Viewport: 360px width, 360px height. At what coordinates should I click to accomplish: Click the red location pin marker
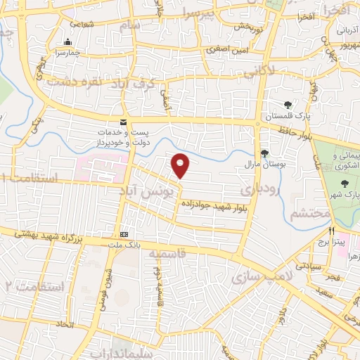[x=181, y=165]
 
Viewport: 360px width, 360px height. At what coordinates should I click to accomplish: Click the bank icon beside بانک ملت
[x=124, y=235]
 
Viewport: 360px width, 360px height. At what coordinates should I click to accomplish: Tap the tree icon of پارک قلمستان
[x=288, y=105]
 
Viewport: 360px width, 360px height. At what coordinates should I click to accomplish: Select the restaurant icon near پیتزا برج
[x=330, y=230]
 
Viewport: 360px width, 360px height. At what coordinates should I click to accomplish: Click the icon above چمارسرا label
[x=67, y=41]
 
